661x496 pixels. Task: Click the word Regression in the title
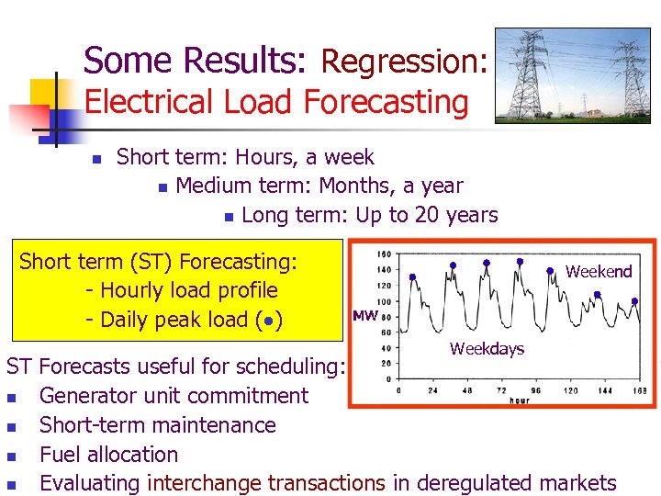point(400,62)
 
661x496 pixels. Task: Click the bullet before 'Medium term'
point(162,187)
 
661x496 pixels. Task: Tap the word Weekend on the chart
point(599,271)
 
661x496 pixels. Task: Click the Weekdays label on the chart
point(487,349)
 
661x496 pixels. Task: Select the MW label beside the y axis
point(364,316)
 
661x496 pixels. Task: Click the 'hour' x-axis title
point(519,400)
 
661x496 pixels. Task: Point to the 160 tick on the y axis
point(385,254)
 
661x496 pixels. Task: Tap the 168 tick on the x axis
point(640,390)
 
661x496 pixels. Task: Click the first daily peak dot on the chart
point(413,276)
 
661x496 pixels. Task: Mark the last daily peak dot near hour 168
point(635,301)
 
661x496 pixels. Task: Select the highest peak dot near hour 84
point(486,263)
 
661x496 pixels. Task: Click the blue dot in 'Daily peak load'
point(266,321)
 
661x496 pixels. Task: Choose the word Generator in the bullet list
point(90,396)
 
